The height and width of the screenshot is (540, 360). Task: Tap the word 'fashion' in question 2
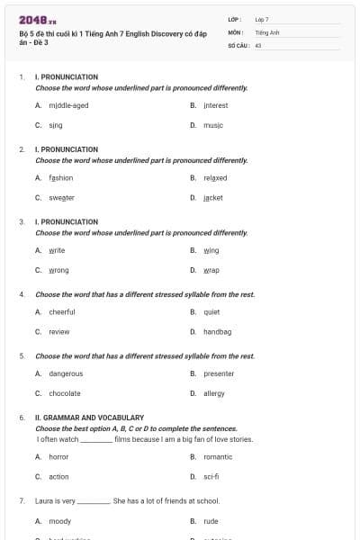click(x=61, y=177)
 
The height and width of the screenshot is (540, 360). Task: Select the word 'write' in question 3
click(x=57, y=250)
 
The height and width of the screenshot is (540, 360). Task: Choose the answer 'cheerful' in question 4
click(x=62, y=312)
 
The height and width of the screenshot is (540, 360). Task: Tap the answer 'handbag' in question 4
click(x=217, y=332)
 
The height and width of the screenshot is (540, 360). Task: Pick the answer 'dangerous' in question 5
click(x=66, y=373)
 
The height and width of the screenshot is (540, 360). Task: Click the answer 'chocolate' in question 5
click(x=65, y=393)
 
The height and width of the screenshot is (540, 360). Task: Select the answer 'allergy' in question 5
click(x=214, y=393)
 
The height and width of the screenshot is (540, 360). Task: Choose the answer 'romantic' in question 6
click(x=218, y=456)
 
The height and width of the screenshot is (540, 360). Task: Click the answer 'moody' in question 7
click(x=59, y=520)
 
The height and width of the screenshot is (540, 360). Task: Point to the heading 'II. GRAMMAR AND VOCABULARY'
click(x=89, y=418)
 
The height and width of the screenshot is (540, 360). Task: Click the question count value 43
click(x=258, y=43)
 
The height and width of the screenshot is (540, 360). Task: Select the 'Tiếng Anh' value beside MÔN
click(x=267, y=31)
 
